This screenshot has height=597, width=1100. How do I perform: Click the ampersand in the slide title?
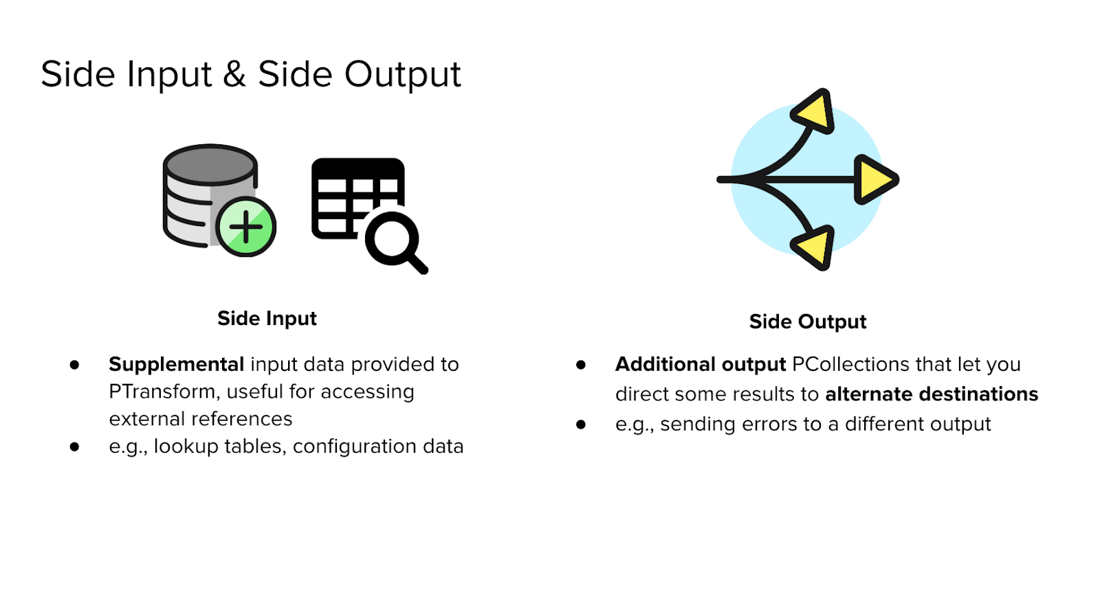pos(234,74)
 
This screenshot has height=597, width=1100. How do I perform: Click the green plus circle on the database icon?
pos(246,227)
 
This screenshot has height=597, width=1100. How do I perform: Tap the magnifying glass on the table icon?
pos(394,241)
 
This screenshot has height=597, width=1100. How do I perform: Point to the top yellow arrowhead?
pos(815,111)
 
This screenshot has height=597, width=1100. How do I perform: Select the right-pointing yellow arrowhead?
pos(874,179)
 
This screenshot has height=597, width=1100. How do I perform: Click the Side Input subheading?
pos(267,319)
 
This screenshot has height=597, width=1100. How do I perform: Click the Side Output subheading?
pos(808,322)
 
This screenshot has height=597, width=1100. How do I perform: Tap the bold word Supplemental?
pos(176,364)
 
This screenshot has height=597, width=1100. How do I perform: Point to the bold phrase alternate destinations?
pos(932,394)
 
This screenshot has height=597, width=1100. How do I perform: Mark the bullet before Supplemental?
pos(74,365)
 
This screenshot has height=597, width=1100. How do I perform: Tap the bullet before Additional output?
pos(581,365)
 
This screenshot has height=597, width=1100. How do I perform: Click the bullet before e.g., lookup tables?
pos(74,447)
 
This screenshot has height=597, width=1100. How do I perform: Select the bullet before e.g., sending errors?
pos(581,425)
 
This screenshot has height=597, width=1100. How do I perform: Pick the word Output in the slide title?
pos(402,74)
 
